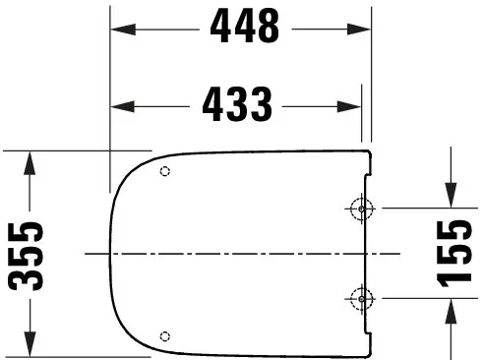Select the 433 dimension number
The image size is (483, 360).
[237, 101]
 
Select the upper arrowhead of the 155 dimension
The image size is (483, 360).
[454, 196]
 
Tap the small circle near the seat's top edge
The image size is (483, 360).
[164, 171]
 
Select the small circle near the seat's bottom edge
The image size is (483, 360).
[164, 334]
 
